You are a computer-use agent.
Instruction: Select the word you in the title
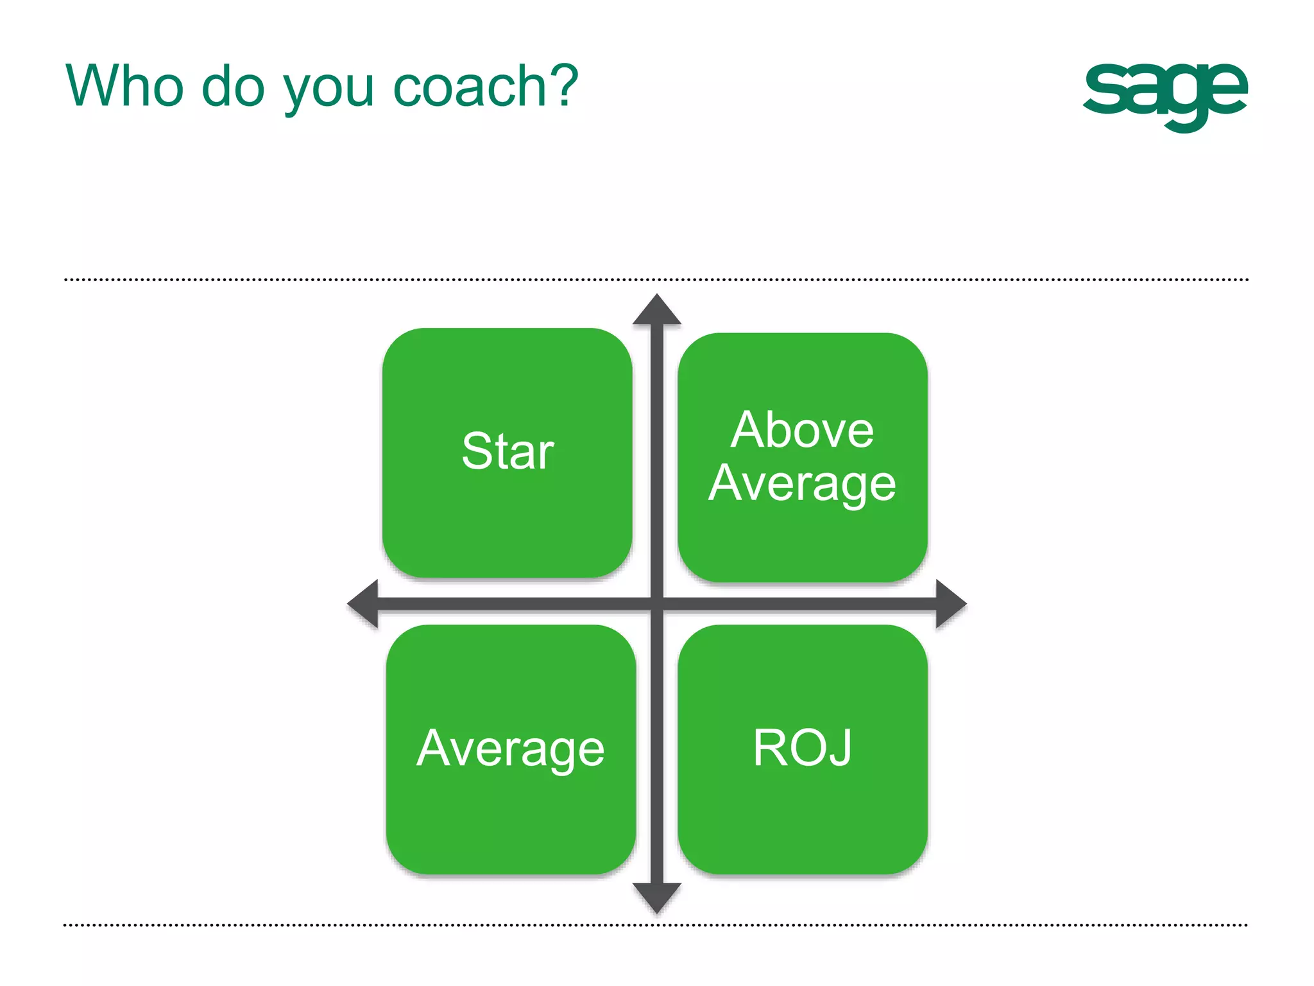pyautogui.click(x=328, y=90)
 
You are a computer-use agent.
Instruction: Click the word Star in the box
pyautogui.click(x=508, y=451)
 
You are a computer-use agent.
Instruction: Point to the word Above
pyautogui.click(x=802, y=429)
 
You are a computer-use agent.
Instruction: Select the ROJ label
pyautogui.click(x=802, y=748)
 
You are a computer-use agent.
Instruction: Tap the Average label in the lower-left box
pyautogui.click(x=511, y=749)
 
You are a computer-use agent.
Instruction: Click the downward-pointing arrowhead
pyautogui.click(x=656, y=897)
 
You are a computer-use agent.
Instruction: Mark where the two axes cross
pyautogui.click(x=656, y=603)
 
